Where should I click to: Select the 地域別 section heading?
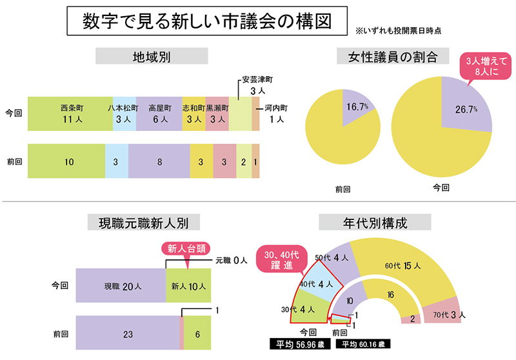click(x=146, y=56)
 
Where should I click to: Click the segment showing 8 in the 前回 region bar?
click(x=159, y=161)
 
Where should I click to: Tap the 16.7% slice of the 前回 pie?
click(x=356, y=106)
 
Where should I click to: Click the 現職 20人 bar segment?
click(x=121, y=286)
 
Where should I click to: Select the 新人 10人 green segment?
click(x=188, y=286)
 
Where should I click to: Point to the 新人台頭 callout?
click(x=187, y=248)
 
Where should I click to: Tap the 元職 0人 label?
click(x=231, y=260)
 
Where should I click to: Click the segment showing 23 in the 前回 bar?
click(x=128, y=334)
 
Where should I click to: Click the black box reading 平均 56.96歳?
click(x=300, y=344)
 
